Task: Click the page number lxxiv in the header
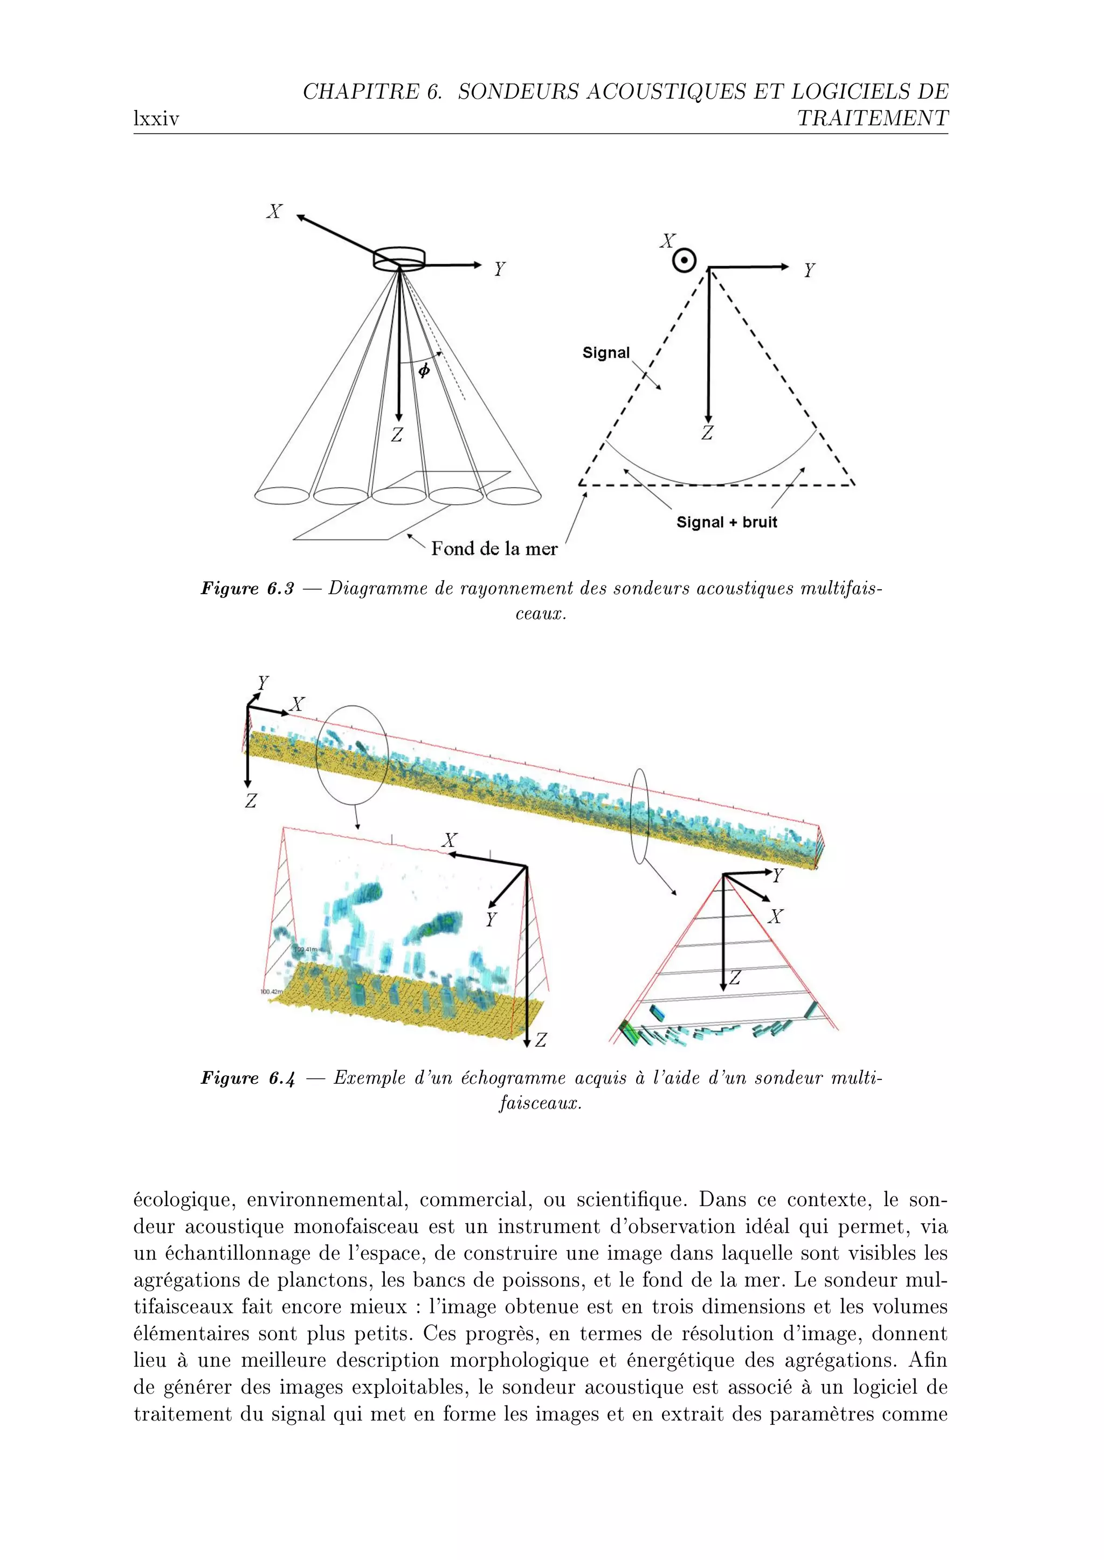click(x=156, y=120)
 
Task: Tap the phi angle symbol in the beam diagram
click(x=424, y=371)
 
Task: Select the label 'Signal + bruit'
click(x=726, y=522)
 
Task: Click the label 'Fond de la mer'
click(x=494, y=549)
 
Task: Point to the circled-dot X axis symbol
click(x=684, y=261)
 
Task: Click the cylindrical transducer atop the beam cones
click(x=399, y=257)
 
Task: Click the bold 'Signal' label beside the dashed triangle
click(x=606, y=353)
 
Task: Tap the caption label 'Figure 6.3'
click(x=247, y=588)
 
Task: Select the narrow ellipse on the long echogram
click(x=639, y=816)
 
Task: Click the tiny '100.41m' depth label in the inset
click(x=305, y=949)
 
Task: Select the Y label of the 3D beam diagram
click(x=500, y=269)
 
